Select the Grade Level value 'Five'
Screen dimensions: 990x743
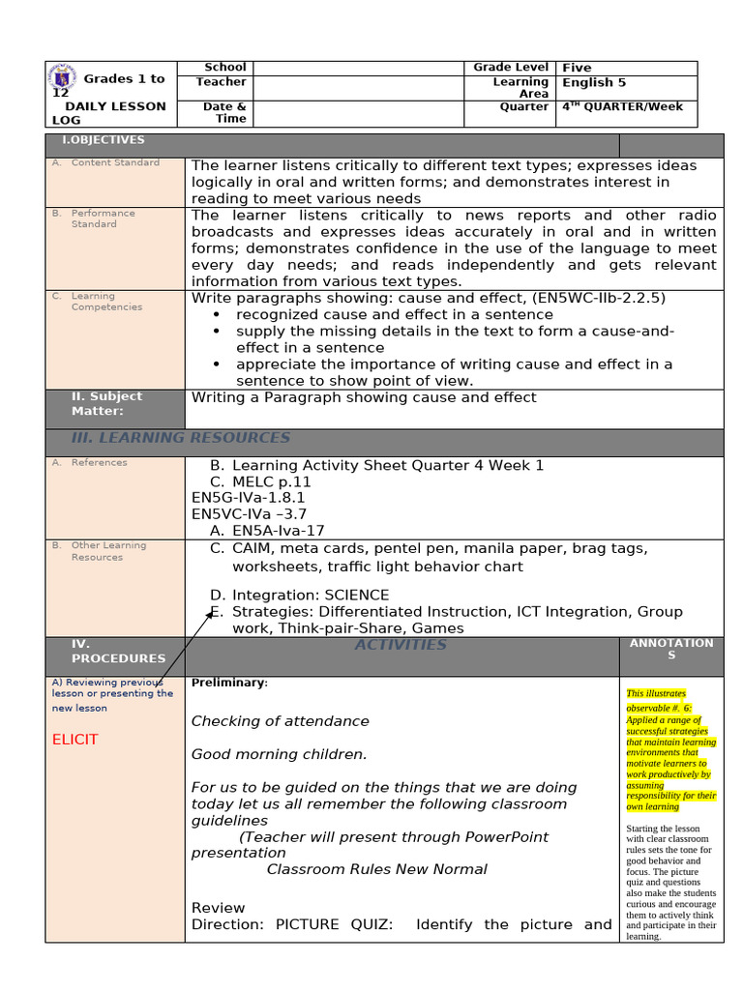[577, 68]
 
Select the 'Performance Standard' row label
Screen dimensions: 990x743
[103, 218]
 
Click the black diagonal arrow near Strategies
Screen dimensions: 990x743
[178, 649]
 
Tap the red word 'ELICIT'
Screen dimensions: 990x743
[75, 740]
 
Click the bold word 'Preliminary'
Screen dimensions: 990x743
[227, 683]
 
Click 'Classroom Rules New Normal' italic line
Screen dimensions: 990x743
[376, 869]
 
